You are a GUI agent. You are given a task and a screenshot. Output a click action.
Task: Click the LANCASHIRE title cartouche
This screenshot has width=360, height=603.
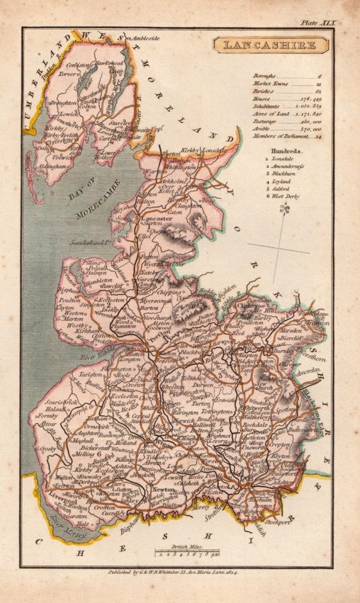click(x=272, y=45)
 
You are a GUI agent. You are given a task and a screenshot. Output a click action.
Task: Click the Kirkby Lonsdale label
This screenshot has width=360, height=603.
click(x=206, y=151)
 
